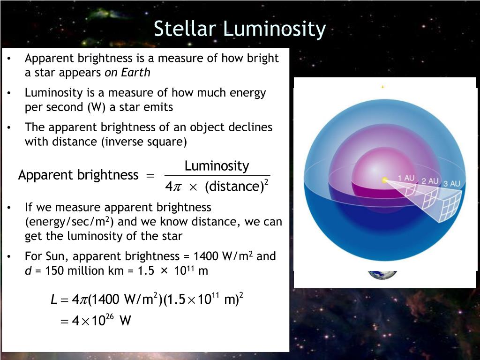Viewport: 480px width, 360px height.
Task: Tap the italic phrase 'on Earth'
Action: pos(127,73)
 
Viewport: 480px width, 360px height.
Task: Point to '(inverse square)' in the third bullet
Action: pos(144,142)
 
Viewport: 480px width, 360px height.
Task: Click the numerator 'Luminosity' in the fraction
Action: pos(217,166)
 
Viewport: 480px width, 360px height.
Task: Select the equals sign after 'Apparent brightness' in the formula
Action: pos(150,176)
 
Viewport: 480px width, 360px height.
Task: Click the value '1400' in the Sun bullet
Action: pos(205,256)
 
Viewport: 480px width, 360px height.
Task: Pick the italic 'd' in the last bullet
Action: pos(28,271)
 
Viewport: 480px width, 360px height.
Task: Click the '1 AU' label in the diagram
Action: pos(406,178)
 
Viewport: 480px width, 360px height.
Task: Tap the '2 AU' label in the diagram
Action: pos(429,181)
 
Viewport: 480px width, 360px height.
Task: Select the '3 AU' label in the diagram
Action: pos(451,184)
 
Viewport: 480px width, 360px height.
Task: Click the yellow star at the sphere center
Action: pos(385,180)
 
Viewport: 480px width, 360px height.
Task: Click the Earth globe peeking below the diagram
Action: pos(382,275)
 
